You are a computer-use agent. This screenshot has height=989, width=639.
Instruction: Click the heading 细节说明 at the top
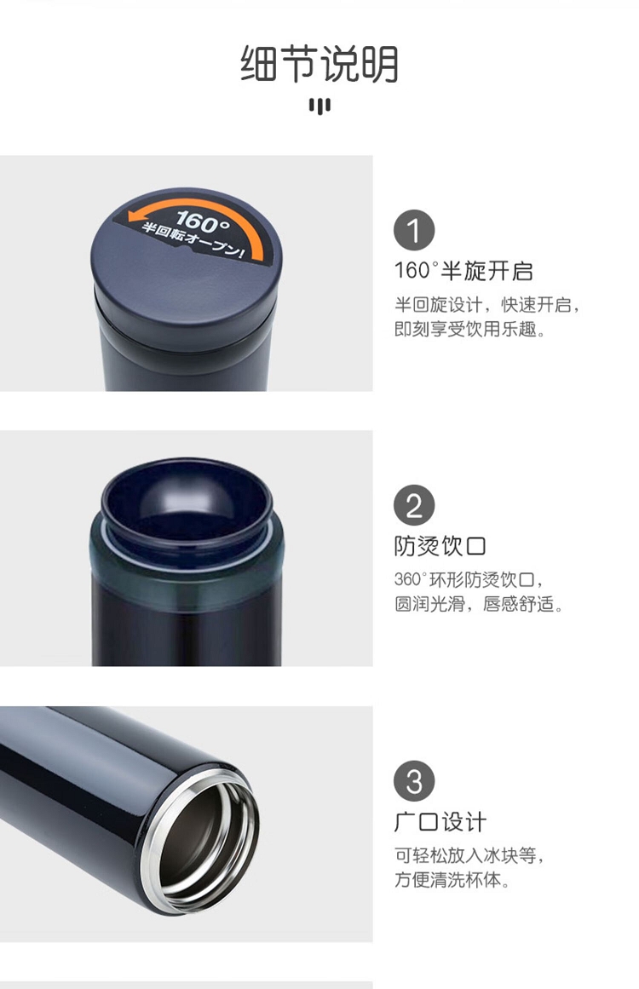319,64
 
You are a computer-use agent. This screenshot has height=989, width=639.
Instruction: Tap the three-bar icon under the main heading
319,106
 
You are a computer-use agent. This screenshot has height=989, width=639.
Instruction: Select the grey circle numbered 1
414,230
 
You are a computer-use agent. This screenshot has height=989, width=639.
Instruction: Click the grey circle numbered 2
414,505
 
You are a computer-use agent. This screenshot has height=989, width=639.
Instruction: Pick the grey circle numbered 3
414,781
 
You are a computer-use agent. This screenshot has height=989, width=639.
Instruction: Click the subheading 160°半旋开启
463,271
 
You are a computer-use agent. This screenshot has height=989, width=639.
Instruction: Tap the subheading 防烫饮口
440,546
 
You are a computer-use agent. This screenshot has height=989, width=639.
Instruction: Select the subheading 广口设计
440,822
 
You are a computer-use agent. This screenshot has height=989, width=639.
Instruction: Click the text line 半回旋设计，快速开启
487,305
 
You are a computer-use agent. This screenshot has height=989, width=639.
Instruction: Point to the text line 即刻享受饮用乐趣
470,330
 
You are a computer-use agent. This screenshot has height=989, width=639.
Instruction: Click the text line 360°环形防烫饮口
469,579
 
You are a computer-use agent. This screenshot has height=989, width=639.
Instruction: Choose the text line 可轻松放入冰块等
469,855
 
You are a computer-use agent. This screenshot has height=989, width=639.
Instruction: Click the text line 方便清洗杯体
452,879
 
